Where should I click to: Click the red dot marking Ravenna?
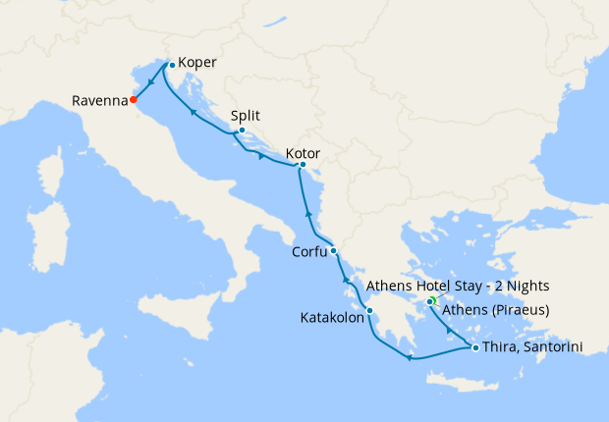click(x=134, y=99)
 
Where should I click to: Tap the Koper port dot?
click(x=172, y=65)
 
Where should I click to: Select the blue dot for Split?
click(x=242, y=130)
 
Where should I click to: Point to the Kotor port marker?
click(x=303, y=165)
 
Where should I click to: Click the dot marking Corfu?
click(x=334, y=250)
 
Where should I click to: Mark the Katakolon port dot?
click(x=369, y=311)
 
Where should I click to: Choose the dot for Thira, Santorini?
click(x=475, y=347)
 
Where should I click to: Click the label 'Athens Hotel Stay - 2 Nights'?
click(x=457, y=286)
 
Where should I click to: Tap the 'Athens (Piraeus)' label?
click(x=495, y=311)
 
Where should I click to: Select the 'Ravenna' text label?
click(x=99, y=100)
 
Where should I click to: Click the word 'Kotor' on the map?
click(x=304, y=154)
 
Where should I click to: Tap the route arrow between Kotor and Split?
click(x=261, y=155)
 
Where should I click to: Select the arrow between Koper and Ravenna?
click(x=151, y=82)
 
